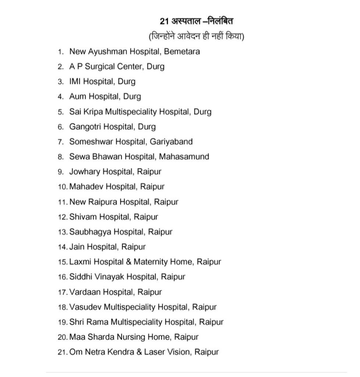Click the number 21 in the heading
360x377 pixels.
tap(164, 21)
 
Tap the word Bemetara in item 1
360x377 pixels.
tap(182, 52)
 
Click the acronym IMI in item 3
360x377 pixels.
tap(75, 82)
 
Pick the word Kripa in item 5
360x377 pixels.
tap(93, 112)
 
